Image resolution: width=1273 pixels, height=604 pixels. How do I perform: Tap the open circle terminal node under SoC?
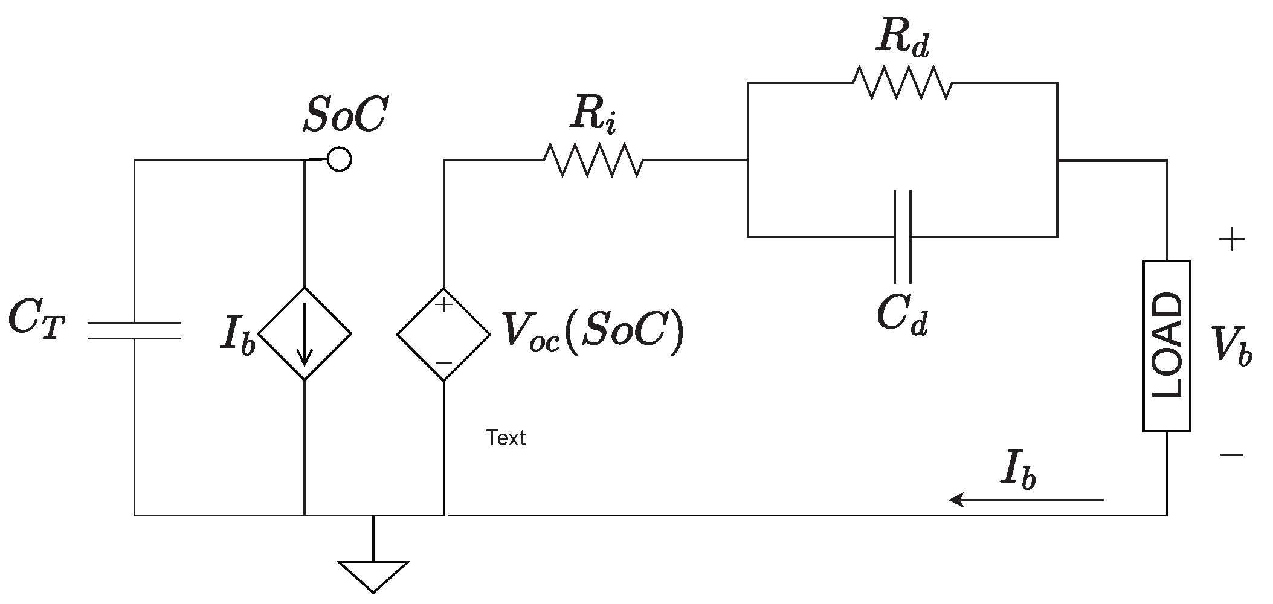click(x=339, y=159)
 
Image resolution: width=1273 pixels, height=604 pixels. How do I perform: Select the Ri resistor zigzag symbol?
click(x=593, y=160)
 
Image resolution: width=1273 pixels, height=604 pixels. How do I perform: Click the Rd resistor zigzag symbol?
click(x=902, y=83)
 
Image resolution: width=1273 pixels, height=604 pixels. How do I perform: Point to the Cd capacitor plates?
click(x=902, y=236)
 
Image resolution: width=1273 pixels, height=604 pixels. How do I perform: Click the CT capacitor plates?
click(x=134, y=330)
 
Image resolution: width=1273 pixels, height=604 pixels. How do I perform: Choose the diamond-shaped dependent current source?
click(x=305, y=333)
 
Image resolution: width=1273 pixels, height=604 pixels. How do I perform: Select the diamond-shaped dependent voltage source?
click(x=443, y=334)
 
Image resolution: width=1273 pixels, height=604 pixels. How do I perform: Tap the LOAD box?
click(x=1167, y=346)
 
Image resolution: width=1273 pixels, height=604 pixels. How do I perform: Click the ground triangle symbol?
click(x=373, y=575)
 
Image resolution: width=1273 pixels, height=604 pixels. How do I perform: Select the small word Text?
click(x=506, y=438)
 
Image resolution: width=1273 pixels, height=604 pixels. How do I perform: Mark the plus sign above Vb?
click(x=1232, y=240)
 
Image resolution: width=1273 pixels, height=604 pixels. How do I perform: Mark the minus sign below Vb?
click(x=1232, y=455)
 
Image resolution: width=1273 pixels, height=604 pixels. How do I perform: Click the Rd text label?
click(x=902, y=40)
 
